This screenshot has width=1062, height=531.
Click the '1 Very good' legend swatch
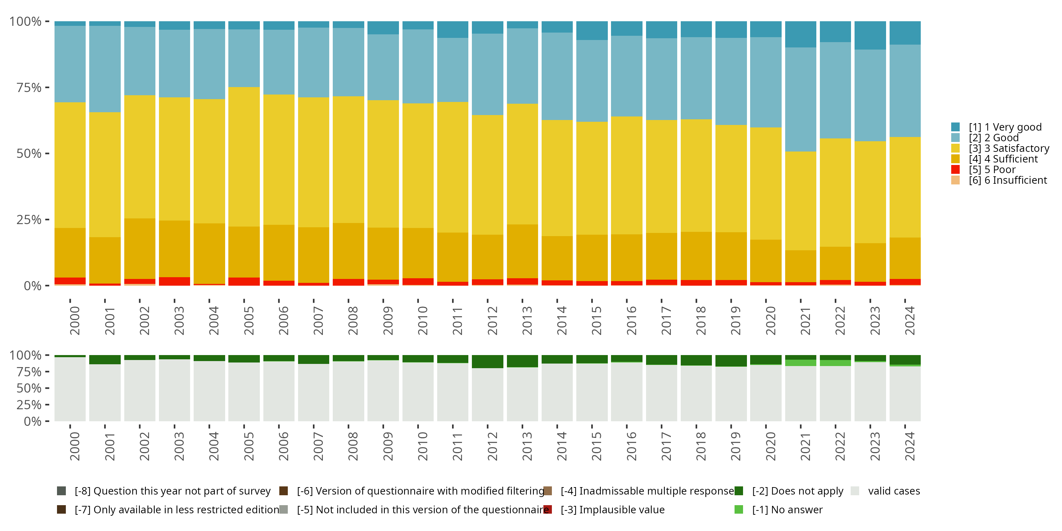click(955, 127)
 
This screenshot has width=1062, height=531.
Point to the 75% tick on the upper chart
click(47, 87)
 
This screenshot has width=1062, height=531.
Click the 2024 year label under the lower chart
click(909, 446)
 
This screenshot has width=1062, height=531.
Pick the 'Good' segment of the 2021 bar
click(800, 99)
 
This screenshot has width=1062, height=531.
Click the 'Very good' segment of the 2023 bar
click(870, 35)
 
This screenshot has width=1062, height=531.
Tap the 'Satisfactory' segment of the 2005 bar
click(244, 157)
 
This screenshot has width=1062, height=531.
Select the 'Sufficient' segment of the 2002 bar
click(140, 249)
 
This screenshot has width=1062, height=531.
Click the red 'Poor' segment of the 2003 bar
click(175, 281)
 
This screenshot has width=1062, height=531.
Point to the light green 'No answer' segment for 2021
click(800, 363)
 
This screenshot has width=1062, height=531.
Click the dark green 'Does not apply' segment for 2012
click(487, 361)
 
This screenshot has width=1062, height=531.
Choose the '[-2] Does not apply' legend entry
click(789, 491)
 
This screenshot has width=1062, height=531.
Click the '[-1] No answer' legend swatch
click(739, 509)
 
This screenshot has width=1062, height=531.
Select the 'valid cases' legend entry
click(886, 491)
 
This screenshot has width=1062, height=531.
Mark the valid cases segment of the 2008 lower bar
click(348, 391)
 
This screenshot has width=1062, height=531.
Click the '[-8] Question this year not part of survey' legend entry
click(164, 491)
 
